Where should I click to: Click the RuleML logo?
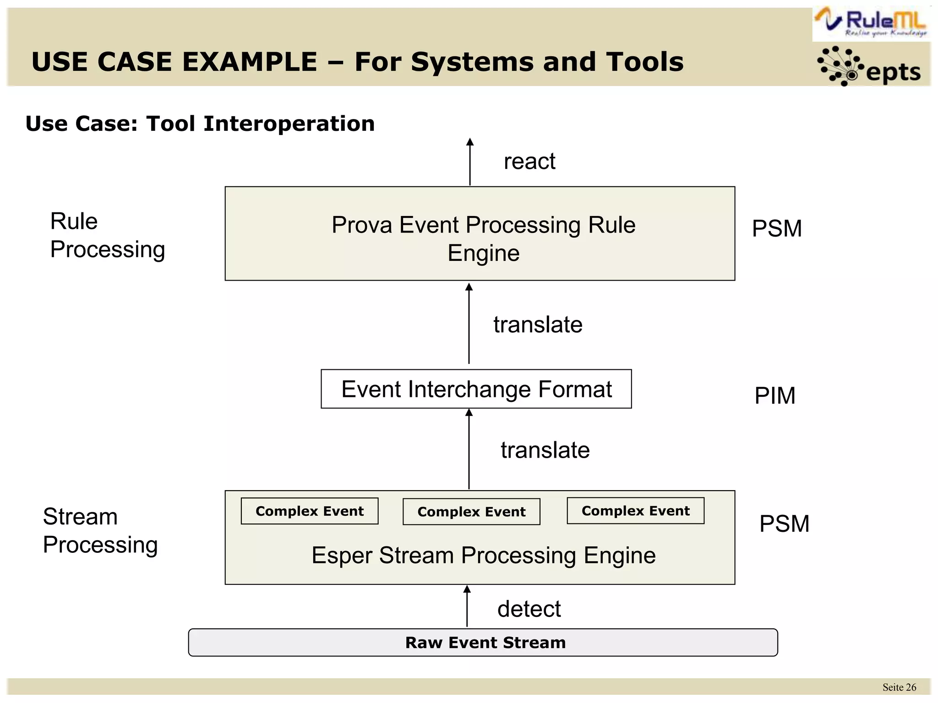[x=872, y=23]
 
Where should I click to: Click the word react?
[x=529, y=162]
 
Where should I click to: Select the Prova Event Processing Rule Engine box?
[x=480, y=233]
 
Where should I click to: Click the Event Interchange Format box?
[x=476, y=389]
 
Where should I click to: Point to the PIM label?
[x=774, y=395]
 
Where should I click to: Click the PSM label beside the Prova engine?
[x=777, y=228]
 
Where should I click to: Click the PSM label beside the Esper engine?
[x=784, y=524]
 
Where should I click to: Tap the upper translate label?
[x=538, y=325]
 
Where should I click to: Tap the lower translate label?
[x=545, y=450]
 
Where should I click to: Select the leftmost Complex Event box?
[x=310, y=511]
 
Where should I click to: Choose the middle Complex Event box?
[x=471, y=512]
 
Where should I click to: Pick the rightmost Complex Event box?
[x=635, y=511]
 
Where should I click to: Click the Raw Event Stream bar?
[x=483, y=643]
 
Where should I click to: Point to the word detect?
[x=529, y=609]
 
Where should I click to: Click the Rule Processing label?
[x=107, y=235]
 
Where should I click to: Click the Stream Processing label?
[x=100, y=530]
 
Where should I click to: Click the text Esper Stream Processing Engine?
[x=483, y=556]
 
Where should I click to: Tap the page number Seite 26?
[x=899, y=687]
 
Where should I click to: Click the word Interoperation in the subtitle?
[x=289, y=124]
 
